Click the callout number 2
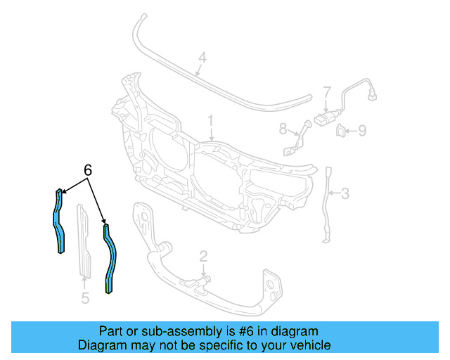202,256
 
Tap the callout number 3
345,192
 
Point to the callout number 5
85,299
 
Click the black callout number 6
88,169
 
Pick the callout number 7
327,92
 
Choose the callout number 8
283,129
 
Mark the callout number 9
362,129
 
